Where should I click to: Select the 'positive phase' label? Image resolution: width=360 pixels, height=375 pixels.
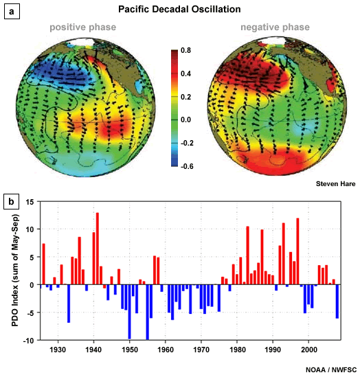pyautogui.click(x=83, y=27)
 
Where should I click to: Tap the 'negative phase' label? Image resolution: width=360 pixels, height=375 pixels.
pyautogui.click(x=273, y=27)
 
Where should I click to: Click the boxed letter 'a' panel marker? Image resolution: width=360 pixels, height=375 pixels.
pyautogui.click(x=11, y=12)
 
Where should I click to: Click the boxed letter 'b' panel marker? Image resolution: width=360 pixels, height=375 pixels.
pyautogui.click(x=11, y=201)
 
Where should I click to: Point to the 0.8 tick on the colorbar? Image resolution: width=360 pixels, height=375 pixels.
pyautogui.click(x=186, y=51)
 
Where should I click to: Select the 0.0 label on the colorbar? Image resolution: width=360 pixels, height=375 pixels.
pyautogui.click(x=186, y=120)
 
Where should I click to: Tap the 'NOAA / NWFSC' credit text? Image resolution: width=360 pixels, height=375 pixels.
pyautogui.click(x=330, y=369)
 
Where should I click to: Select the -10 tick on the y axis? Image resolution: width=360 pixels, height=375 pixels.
pyautogui.click(x=27, y=341)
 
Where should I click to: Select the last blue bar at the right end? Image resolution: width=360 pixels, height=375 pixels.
pyautogui.click(x=337, y=302)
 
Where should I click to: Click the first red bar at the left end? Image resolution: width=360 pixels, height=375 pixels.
pyautogui.click(x=43, y=264)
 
